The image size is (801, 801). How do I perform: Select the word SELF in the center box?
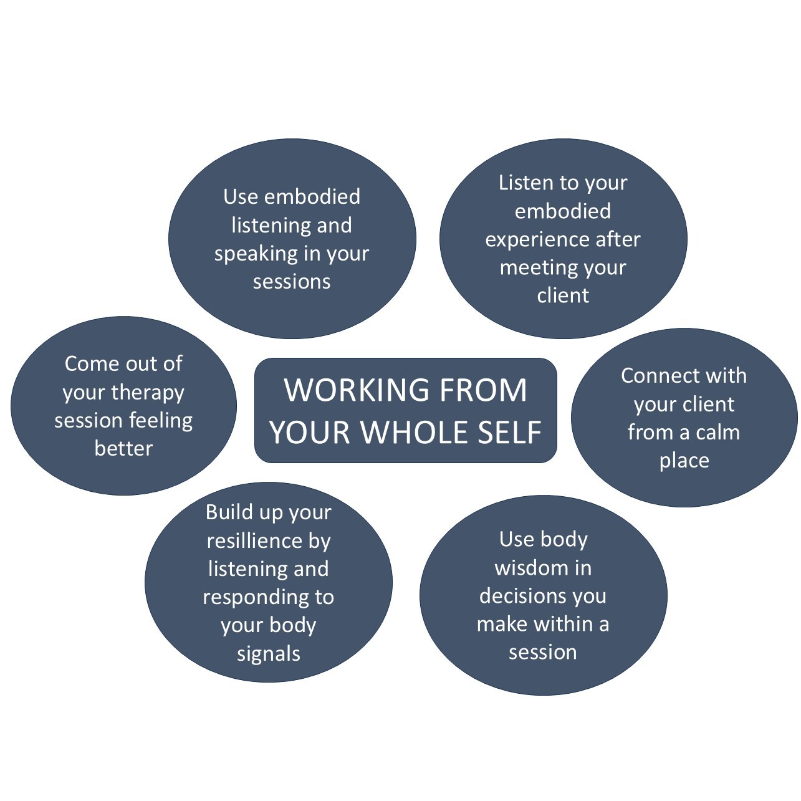(x=511, y=432)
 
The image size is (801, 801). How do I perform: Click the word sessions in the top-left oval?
(x=291, y=282)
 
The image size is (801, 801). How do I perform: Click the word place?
(x=684, y=461)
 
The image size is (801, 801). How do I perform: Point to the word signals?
(x=268, y=654)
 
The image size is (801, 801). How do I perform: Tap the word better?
(x=123, y=449)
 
